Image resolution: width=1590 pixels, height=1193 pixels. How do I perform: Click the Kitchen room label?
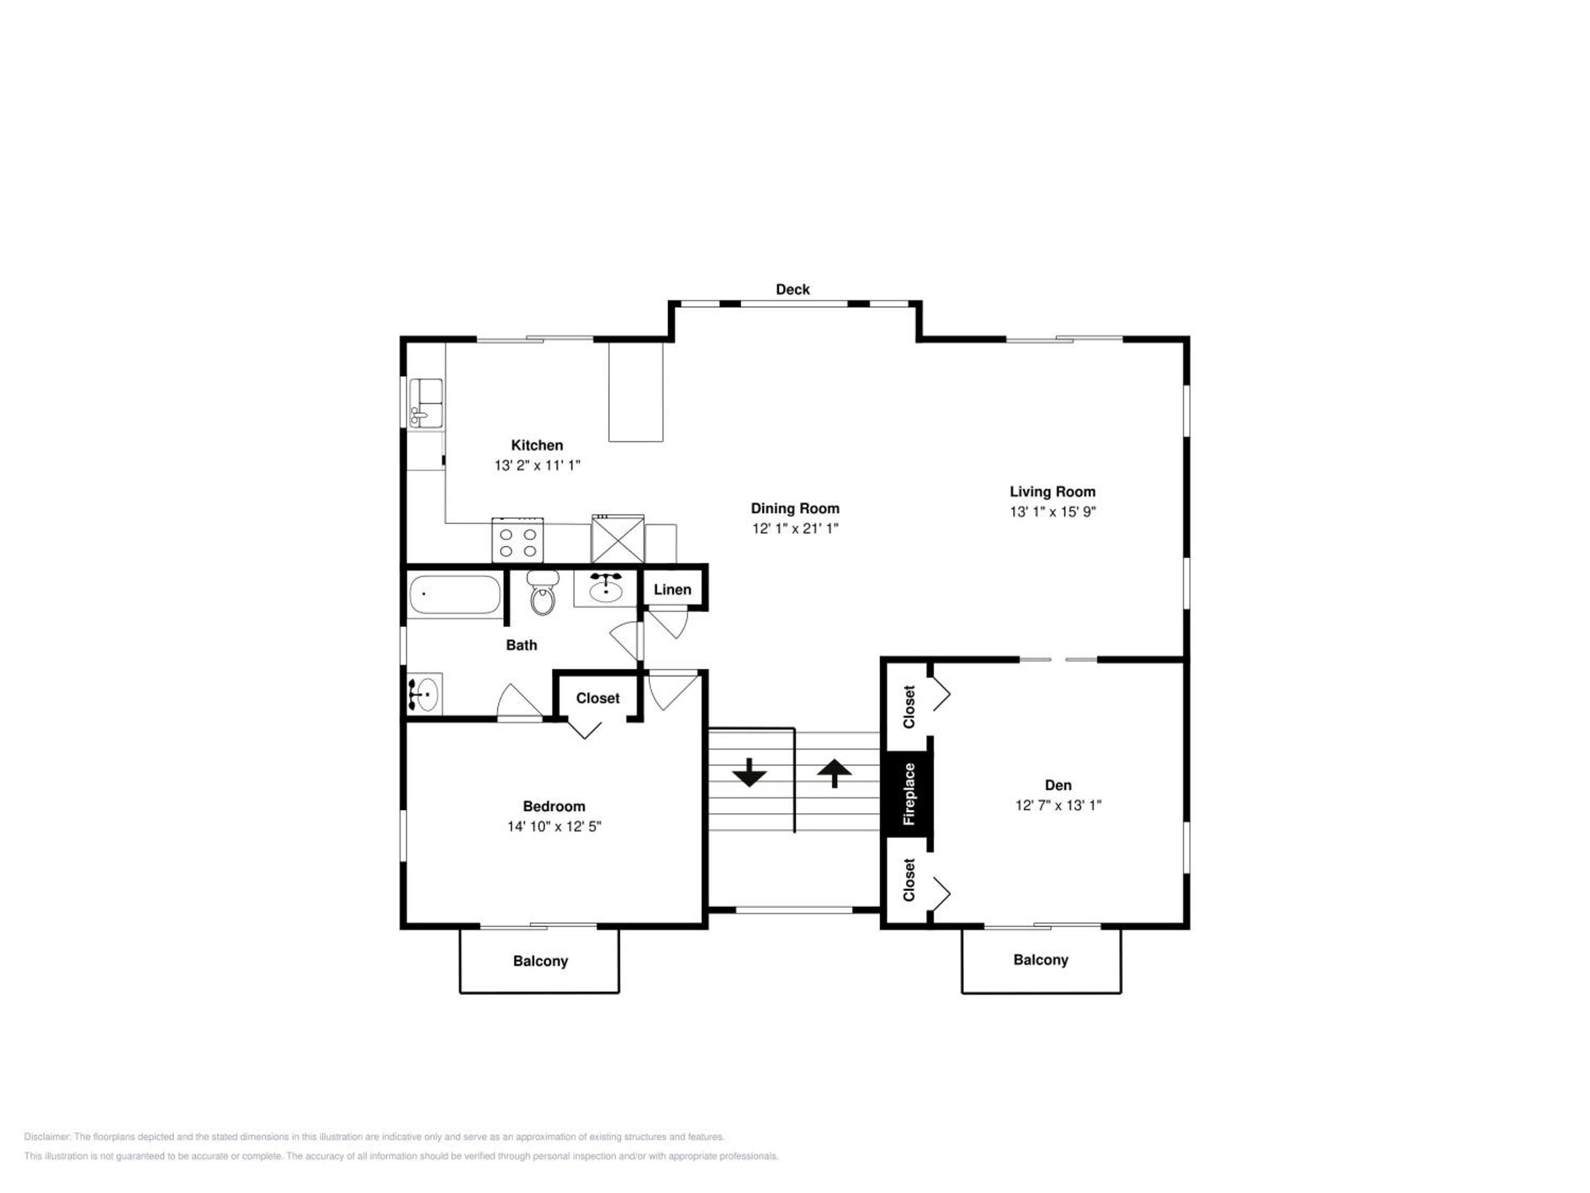point(537,445)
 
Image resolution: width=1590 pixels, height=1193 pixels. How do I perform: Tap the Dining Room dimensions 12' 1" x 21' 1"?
point(795,529)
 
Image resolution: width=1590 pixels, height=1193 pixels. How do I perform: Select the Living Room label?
point(1053,492)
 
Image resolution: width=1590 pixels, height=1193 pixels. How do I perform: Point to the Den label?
point(1058,785)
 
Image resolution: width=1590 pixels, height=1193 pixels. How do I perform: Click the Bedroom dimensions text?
point(554,826)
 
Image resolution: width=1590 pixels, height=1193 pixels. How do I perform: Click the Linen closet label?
point(672,590)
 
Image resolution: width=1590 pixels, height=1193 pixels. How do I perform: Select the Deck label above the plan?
point(792,289)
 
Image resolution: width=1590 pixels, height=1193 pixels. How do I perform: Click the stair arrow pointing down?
point(750,773)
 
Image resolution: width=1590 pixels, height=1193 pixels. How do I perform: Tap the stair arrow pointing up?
point(835,774)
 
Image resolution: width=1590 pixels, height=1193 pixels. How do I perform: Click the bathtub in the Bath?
point(454,595)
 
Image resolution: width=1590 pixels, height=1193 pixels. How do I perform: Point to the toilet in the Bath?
point(543,593)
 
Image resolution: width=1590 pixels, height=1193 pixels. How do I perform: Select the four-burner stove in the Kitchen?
point(517,541)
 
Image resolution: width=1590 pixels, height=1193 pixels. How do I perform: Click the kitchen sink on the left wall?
point(426,404)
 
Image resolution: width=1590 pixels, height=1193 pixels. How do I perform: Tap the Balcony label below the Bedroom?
point(541,961)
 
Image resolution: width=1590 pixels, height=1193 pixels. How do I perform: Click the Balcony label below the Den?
point(1041,960)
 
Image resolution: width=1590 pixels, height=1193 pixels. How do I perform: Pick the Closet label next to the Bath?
point(597,698)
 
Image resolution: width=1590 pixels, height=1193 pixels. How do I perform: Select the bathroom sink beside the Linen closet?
point(605,588)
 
